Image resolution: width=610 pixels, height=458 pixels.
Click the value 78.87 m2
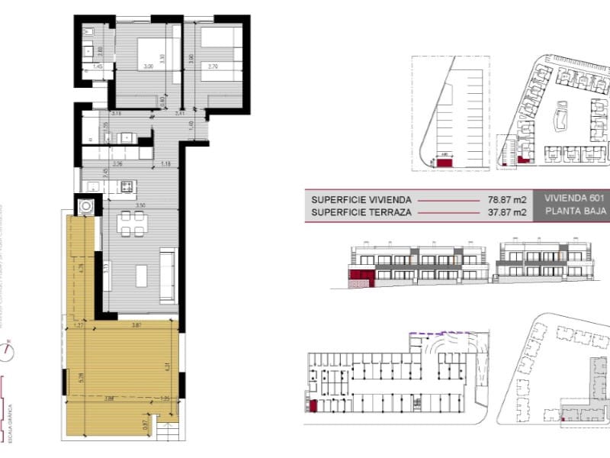[x=508, y=200]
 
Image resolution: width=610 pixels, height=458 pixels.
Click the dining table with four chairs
[x=133, y=226]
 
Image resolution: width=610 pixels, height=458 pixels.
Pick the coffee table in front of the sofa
[x=142, y=275]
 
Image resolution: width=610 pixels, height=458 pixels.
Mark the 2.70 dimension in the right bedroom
[x=214, y=67]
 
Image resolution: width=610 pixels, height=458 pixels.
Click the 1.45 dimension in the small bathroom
[x=97, y=67]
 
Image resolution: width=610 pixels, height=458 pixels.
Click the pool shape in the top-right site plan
[x=562, y=119]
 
